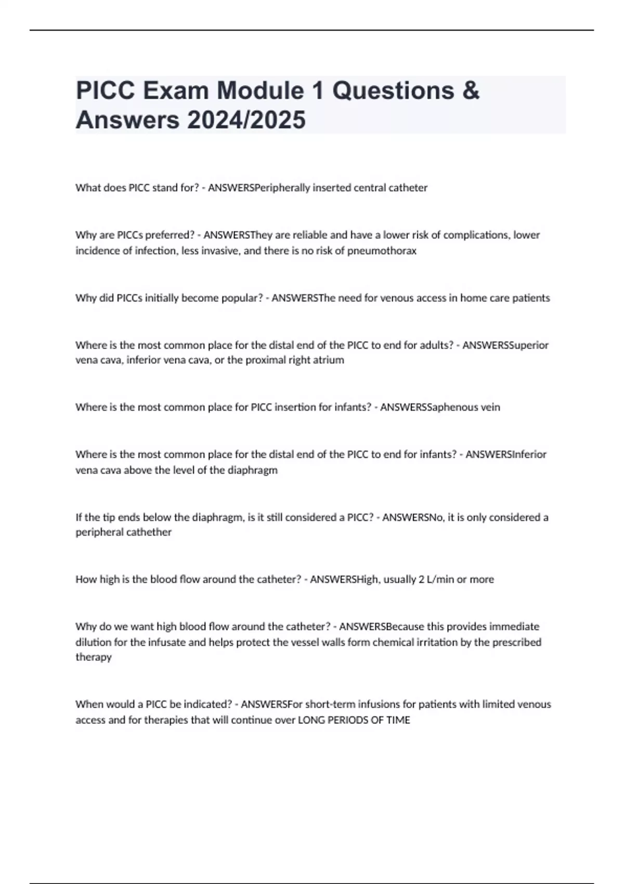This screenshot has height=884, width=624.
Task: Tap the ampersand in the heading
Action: (470, 90)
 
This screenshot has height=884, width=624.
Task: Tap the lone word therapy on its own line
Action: (94, 657)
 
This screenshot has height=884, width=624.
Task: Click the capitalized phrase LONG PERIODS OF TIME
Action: (354, 720)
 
